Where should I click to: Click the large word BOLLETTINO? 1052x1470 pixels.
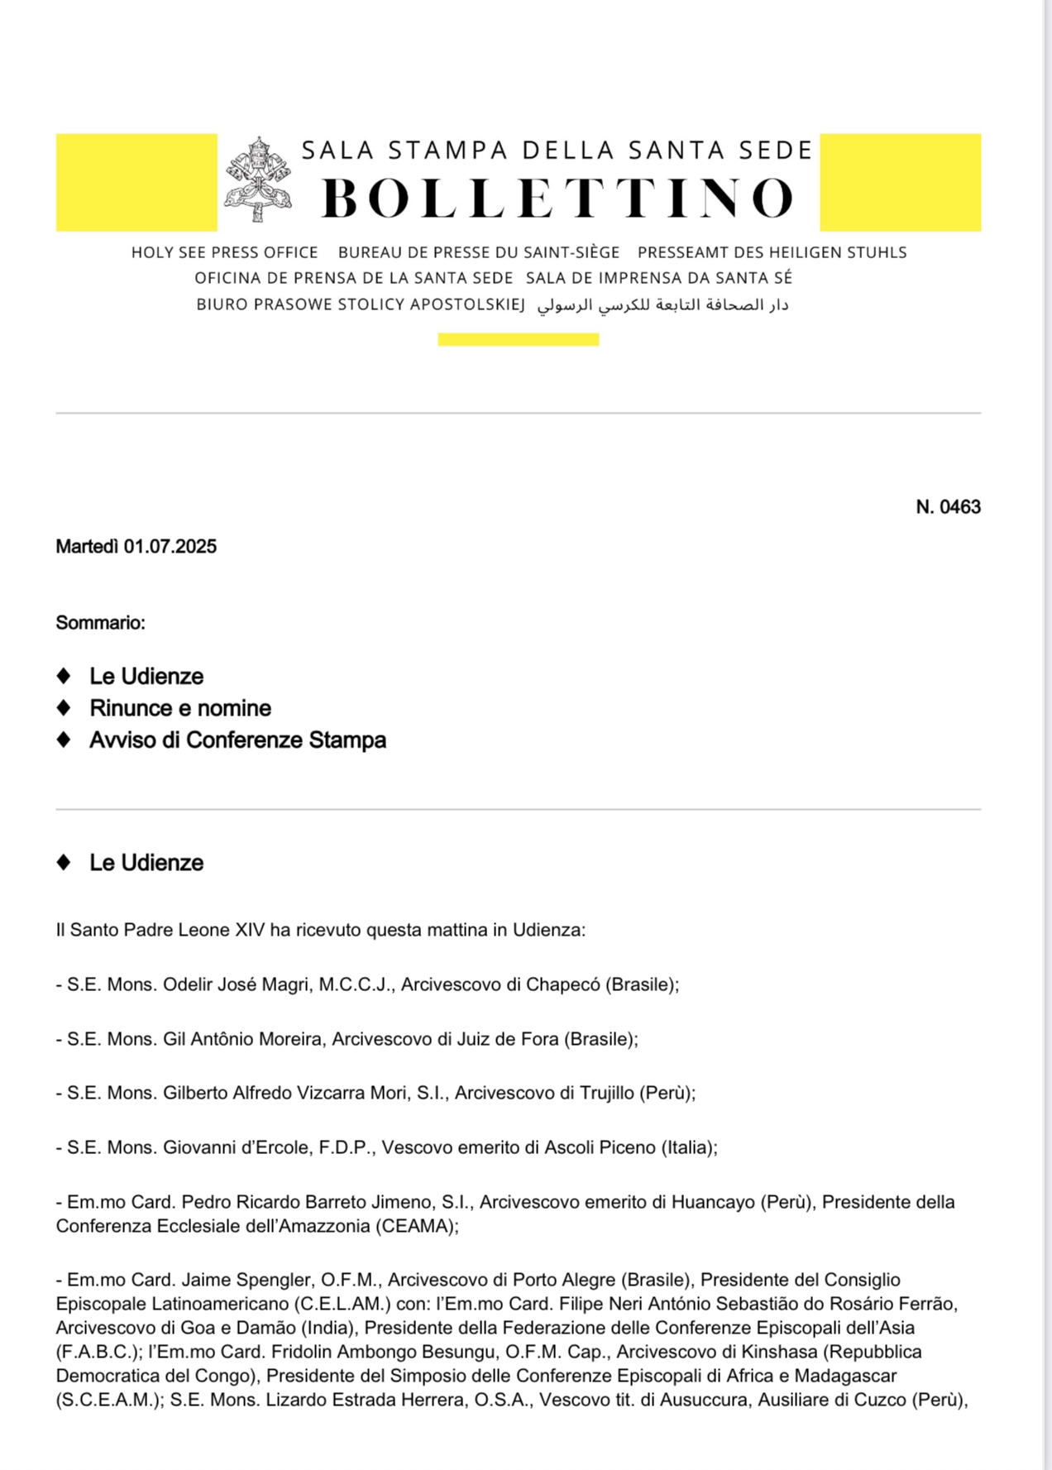(x=558, y=199)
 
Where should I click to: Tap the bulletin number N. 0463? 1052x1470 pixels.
(x=948, y=507)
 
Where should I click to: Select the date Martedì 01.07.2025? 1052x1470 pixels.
(x=136, y=547)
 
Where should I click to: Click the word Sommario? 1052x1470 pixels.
(x=100, y=623)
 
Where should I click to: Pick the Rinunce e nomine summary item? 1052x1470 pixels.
(x=180, y=708)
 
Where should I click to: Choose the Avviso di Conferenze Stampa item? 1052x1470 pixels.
(x=237, y=740)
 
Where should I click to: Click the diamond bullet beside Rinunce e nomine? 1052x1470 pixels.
(x=64, y=708)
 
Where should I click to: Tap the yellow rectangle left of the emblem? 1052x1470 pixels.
(x=136, y=182)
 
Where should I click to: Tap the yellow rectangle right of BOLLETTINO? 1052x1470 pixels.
(x=900, y=182)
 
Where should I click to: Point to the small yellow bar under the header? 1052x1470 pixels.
(x=519, y=339)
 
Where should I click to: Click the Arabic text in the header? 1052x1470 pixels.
(x=662, y=305)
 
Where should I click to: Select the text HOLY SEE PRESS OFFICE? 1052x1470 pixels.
(x=224, y=252)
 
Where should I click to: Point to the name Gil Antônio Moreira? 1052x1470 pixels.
(x=242, y=1039)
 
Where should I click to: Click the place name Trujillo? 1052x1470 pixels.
(x=607, y=1093)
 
